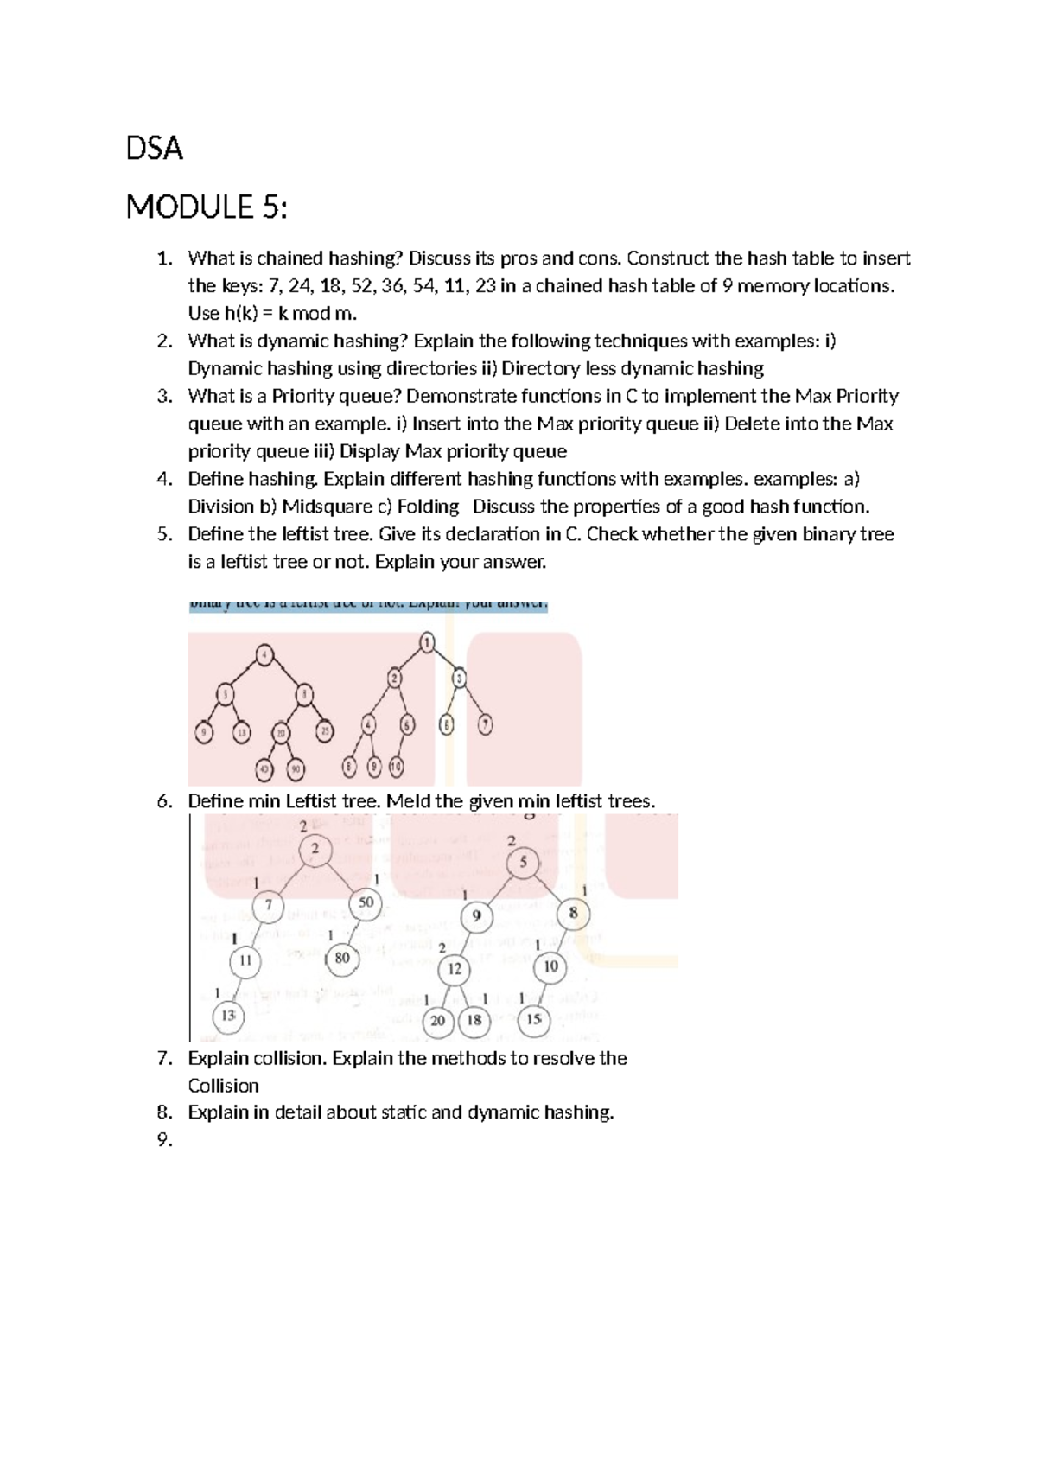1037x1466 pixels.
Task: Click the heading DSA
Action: [155, 149]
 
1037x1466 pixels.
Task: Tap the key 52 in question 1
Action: [362, 286]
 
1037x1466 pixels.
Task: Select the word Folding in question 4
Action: [428, 507]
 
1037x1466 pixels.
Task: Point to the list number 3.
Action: [164, 397]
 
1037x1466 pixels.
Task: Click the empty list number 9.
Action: [164, 1140]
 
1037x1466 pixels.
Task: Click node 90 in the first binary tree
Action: [296, 768]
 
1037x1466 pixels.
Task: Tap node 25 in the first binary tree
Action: [325, 731]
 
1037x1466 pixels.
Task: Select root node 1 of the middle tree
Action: [427, 642]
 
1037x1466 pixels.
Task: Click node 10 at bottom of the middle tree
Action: [396, 767]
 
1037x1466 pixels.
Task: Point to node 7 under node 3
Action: [485, 725]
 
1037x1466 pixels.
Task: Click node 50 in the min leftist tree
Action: [366, 902]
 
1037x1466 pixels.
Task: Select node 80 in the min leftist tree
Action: [342, 958]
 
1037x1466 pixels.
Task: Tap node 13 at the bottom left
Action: [228, 1016]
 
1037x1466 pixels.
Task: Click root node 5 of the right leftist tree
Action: [523, 862]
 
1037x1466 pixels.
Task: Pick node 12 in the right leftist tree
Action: [455, 969]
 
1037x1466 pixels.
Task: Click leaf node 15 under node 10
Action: [534, 1020]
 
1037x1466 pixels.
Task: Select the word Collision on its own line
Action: [223, 1087]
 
